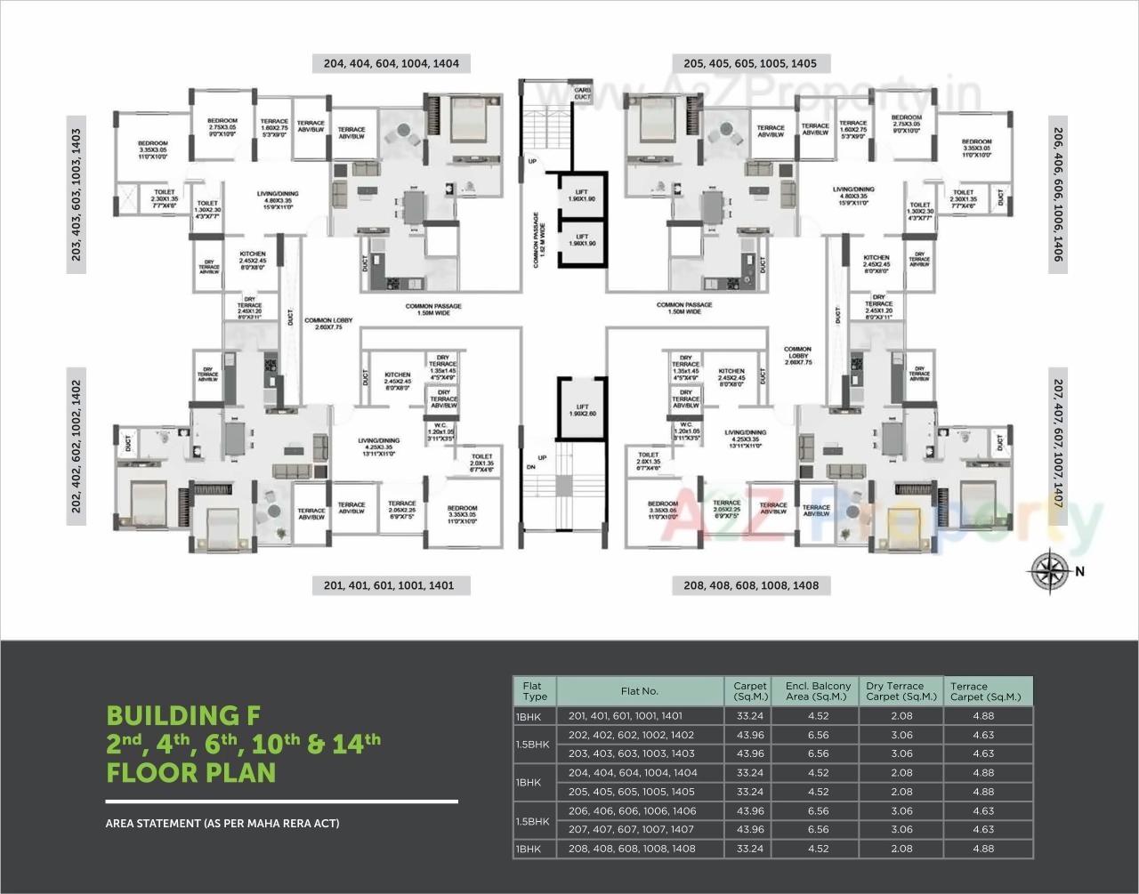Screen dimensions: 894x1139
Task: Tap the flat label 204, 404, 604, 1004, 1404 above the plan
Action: point(392,63)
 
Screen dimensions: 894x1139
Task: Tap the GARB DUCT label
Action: point(582,92)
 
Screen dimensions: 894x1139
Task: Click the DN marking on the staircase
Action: point(530,467)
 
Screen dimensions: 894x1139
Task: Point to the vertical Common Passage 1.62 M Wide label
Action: point(537,240)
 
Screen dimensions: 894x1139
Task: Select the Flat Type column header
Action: point(534,691)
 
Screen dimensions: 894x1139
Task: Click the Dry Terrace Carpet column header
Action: point(901,691)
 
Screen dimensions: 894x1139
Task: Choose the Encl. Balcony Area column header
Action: point(818,691)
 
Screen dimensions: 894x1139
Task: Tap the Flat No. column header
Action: point(639,691)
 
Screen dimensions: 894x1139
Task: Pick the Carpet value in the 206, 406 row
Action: point(749,810)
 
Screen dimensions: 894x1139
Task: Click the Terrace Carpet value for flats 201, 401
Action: point(983,715)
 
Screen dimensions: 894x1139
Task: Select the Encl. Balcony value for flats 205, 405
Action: point(818,792)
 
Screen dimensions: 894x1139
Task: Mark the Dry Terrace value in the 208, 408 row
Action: point(901,849)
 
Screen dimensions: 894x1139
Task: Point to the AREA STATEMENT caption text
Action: point(222,824)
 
